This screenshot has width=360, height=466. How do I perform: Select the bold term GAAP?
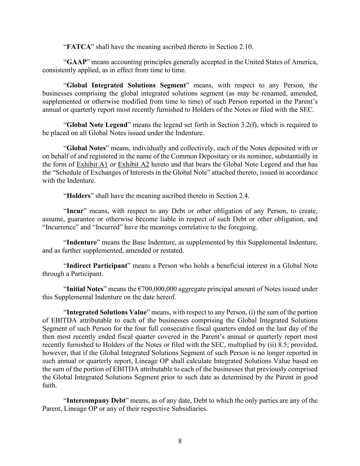point(76,62)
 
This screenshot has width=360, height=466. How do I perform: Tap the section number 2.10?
point(246,47)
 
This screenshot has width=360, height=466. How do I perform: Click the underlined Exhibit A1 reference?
point(92,164)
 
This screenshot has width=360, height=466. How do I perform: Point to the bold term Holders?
point(78,196)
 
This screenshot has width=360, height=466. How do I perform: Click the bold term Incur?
point(75,211)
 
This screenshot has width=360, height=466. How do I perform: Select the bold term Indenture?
point(82,242)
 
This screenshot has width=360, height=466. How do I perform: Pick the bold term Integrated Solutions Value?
point(106,312)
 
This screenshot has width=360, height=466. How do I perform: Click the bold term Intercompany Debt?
point(96,400)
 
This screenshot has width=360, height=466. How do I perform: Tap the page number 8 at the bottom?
point(180,441)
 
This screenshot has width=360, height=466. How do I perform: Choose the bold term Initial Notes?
point(85,289)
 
